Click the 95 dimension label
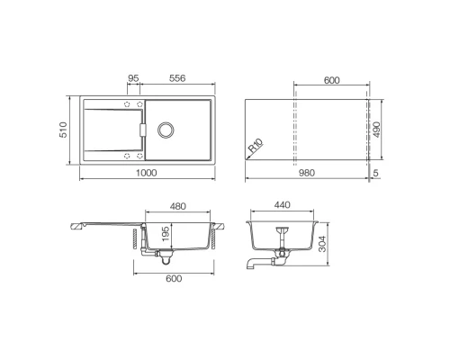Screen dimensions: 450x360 pos(133,78)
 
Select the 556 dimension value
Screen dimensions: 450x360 pos(177,78)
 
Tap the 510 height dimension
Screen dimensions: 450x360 pos(63,130)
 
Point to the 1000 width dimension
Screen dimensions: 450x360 pos(147,173)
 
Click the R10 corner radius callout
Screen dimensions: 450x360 pos(256,146)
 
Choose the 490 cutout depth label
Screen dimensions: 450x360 pos(376,130)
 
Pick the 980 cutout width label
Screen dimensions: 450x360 pos(307,173)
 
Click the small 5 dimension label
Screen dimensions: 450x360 pos(376,173)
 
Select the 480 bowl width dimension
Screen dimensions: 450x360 pos(178,206)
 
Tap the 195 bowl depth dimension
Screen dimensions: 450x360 pos(166,234)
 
